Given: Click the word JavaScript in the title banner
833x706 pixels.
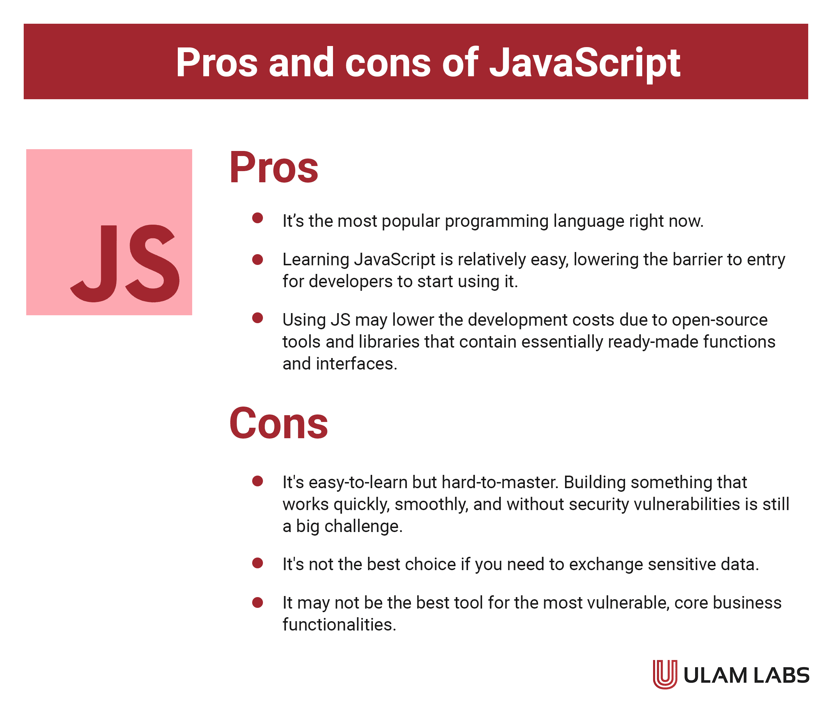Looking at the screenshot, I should pyautogui.click(x=584, y=63).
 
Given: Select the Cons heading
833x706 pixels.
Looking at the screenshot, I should pyautogui.click(x=278, y=423).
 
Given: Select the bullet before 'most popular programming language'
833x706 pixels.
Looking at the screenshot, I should pyautogui.click(x=258, y=218).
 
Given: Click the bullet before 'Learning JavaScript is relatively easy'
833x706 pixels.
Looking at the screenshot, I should pyautogui.click(x=258, y=260).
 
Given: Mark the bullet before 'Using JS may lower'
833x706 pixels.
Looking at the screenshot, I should pyautogui.click(x=258, y=318).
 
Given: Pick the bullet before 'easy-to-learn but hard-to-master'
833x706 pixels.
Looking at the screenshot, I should pyautogui.click(x=258, y=481).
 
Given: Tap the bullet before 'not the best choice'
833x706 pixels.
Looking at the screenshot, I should pyautogui.click(x=258, y=563).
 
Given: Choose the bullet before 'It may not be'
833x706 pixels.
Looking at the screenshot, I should pyautogui.click(x=258, y=602).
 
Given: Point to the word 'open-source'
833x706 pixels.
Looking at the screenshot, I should pyautogui.click(x=719, y=320).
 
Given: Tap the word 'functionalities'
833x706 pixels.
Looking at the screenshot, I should pyautogui.click(x=339, y=624).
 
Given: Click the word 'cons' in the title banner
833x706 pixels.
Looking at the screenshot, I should pyautogui.click(x=388, y=63).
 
